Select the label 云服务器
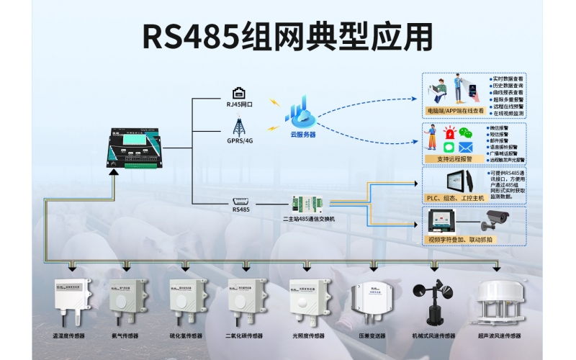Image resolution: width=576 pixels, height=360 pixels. pos(303,134)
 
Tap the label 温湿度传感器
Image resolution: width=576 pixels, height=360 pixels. pos(71,336)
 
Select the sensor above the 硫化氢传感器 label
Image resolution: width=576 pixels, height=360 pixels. pos(187,303)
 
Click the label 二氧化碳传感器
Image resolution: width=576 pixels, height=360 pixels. pos(246,336)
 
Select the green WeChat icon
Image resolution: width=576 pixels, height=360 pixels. pos(467,134)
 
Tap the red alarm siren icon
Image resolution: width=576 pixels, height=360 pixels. pos(450,133)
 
